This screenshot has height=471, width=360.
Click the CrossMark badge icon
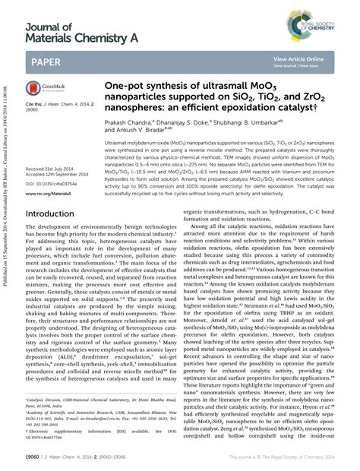coord(41,90)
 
